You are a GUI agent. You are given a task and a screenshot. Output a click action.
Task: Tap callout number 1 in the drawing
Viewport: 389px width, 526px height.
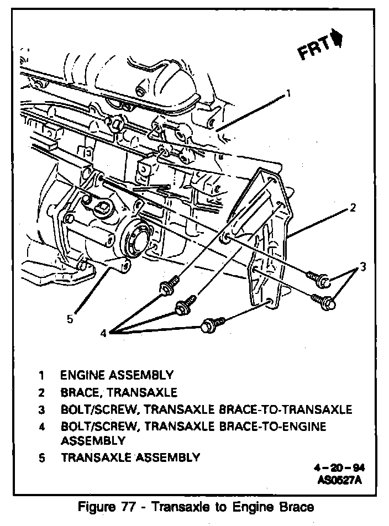point(288,93)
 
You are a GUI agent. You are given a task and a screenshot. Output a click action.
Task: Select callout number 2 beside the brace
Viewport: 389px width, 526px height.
point(351,209)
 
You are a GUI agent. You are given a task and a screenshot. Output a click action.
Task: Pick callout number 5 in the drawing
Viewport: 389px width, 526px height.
point(70,318)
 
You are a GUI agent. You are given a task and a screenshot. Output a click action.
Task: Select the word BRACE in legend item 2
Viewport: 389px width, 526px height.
point(81,393)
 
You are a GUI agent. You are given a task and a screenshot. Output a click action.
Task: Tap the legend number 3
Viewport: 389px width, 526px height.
point(42,410)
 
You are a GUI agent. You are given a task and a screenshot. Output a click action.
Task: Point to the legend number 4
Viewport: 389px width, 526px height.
point(42,427)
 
